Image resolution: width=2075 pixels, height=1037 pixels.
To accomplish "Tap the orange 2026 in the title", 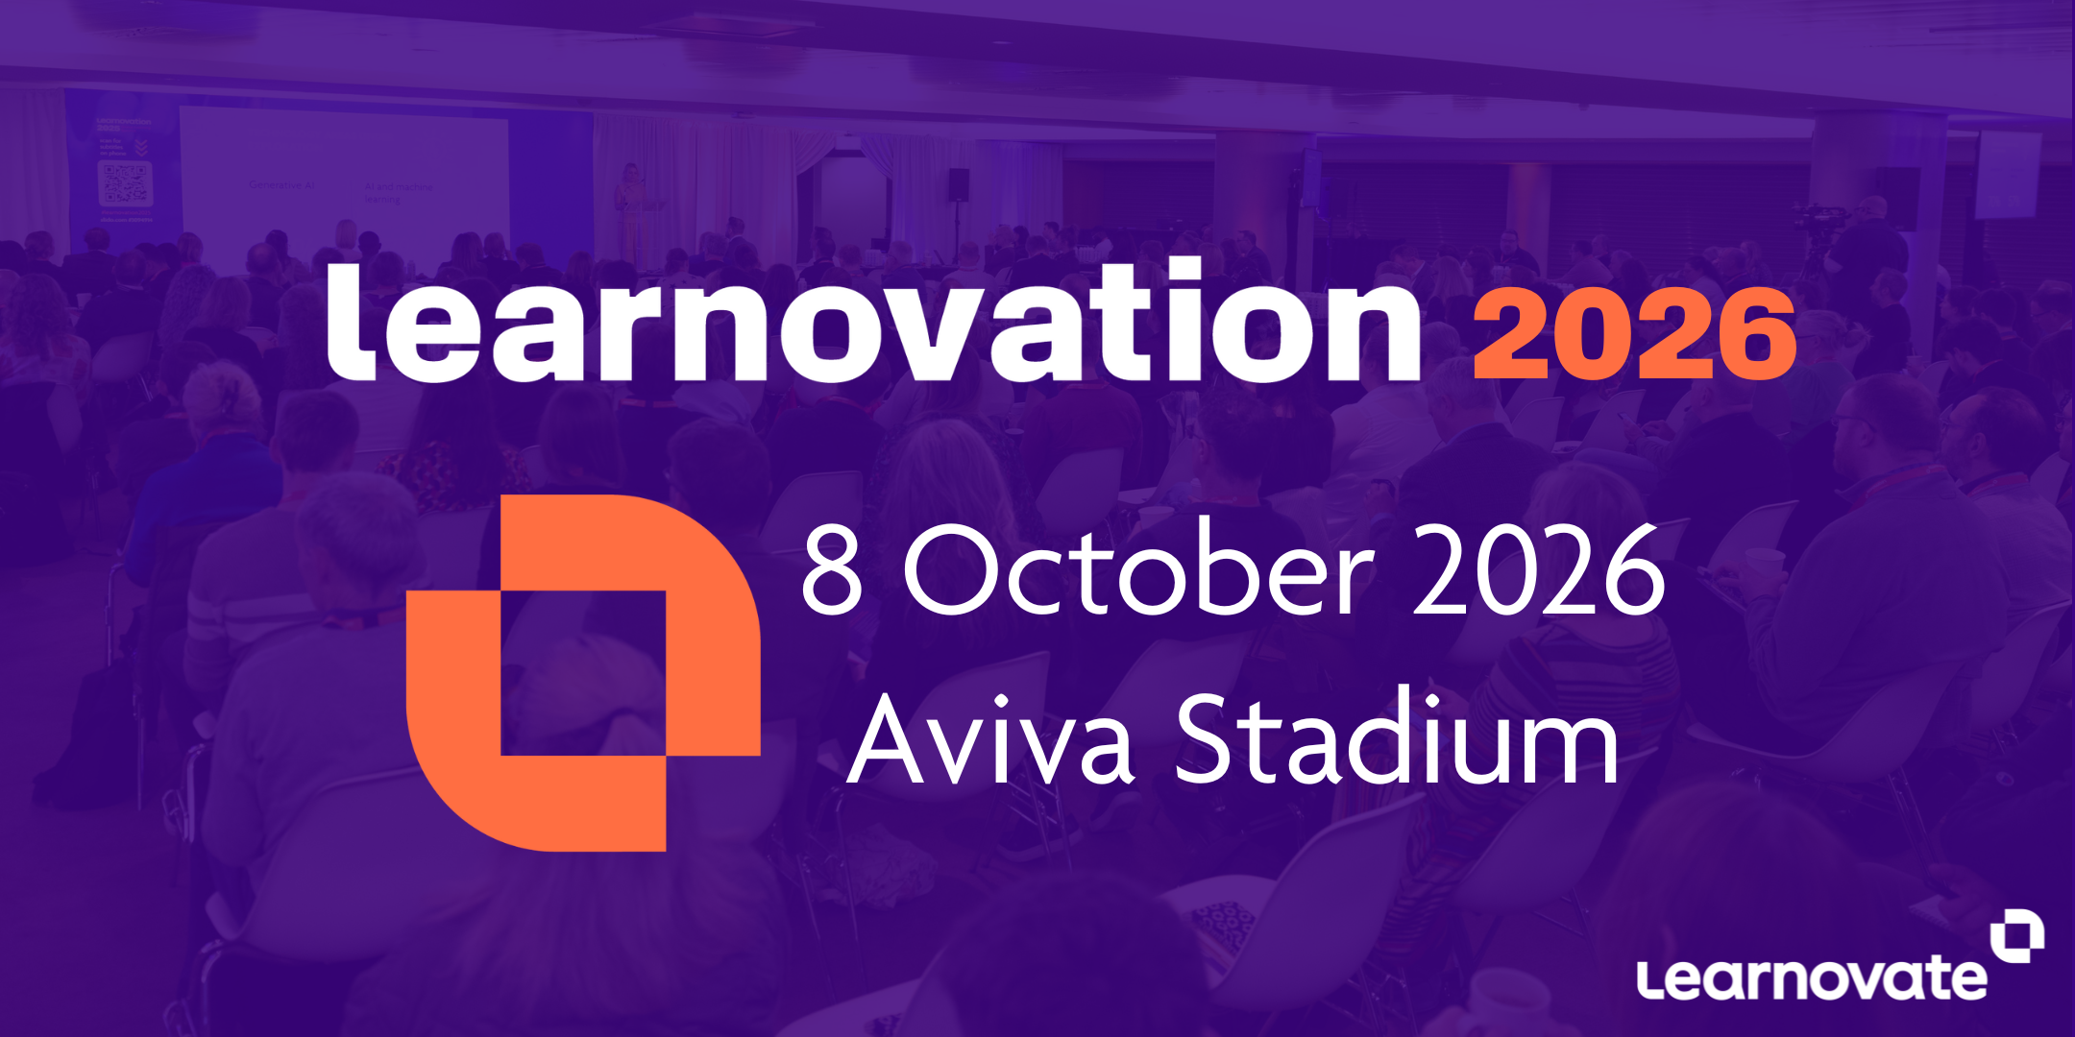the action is pos(1634,333).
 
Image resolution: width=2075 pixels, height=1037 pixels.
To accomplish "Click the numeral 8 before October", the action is pos(832,572).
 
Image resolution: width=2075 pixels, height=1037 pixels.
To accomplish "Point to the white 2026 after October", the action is pos(1539,572).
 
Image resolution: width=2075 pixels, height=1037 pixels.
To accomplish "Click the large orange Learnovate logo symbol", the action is pos(583,672).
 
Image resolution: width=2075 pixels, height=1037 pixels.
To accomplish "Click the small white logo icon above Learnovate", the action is pos(2017,935).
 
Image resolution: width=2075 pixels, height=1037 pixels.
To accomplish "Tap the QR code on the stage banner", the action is pos(125,182).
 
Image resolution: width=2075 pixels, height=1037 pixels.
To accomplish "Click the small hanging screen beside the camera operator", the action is pos(2008,175).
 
